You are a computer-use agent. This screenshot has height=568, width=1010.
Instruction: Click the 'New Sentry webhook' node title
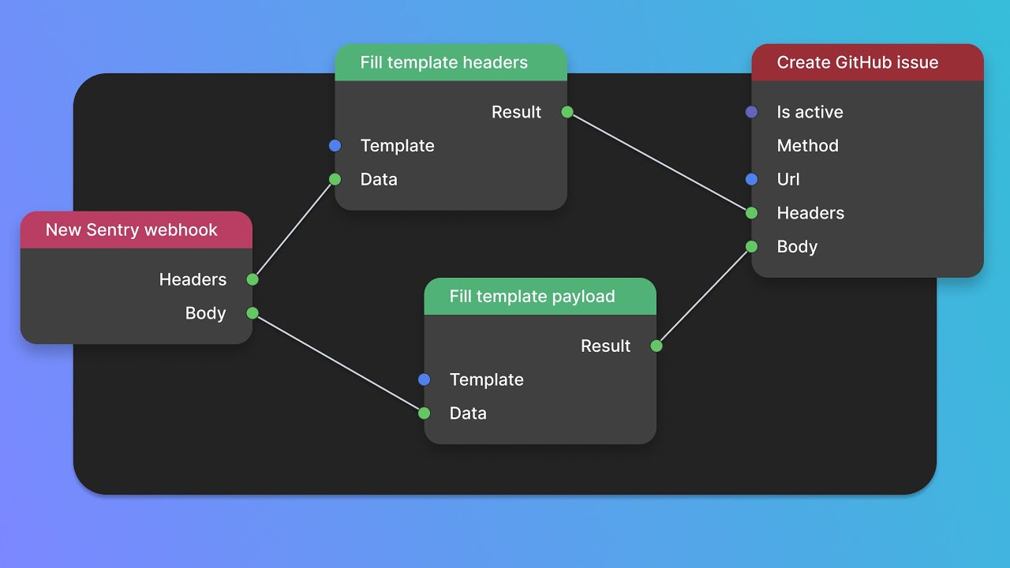(131, 230)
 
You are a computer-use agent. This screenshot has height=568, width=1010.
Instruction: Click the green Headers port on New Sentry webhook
(252, 279)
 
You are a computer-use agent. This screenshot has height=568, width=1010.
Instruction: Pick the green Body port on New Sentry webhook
(252, 313)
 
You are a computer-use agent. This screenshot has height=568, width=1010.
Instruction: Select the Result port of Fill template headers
(567, 112)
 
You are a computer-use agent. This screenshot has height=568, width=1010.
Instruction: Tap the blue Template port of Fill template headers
(335, 146)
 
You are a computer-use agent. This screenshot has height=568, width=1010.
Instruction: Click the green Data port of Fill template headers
(335, 179)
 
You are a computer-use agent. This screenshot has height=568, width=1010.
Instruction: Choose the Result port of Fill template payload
(656, 346)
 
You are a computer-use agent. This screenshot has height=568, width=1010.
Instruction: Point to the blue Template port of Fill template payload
(425, 379)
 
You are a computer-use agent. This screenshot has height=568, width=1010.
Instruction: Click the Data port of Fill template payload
(425, 413)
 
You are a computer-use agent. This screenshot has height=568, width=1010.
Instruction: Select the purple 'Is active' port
(752, 112)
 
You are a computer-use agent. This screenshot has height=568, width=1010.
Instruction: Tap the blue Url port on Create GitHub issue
(752, 179)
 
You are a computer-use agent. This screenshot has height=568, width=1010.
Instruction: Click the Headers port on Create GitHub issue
(752, 213)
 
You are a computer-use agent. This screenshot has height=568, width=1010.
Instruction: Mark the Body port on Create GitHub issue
(752, 247)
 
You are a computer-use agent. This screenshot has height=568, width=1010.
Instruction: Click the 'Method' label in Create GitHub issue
(807, 146)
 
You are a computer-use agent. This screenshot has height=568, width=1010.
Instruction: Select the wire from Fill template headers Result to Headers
(660, 163)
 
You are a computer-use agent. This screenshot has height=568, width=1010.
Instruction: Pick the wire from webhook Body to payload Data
(339, 363)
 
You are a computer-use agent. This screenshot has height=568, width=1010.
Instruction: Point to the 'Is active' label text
(810, 112)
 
